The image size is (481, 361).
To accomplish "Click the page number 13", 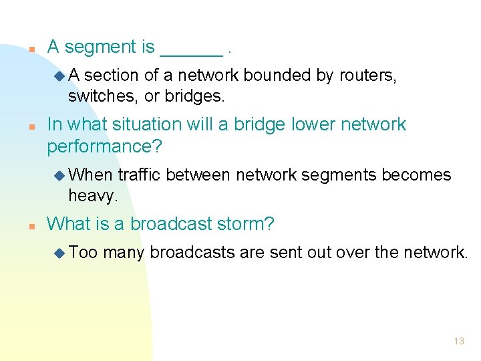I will [x=459, y=341].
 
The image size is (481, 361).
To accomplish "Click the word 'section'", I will [x=108, y=76].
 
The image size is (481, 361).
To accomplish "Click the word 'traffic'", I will [x=140, y=175].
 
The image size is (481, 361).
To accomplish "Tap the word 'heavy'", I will [x=92, y=196].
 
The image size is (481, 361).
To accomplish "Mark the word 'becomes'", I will [x=416, y=175].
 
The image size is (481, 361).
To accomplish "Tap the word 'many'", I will [x=124, y=253].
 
